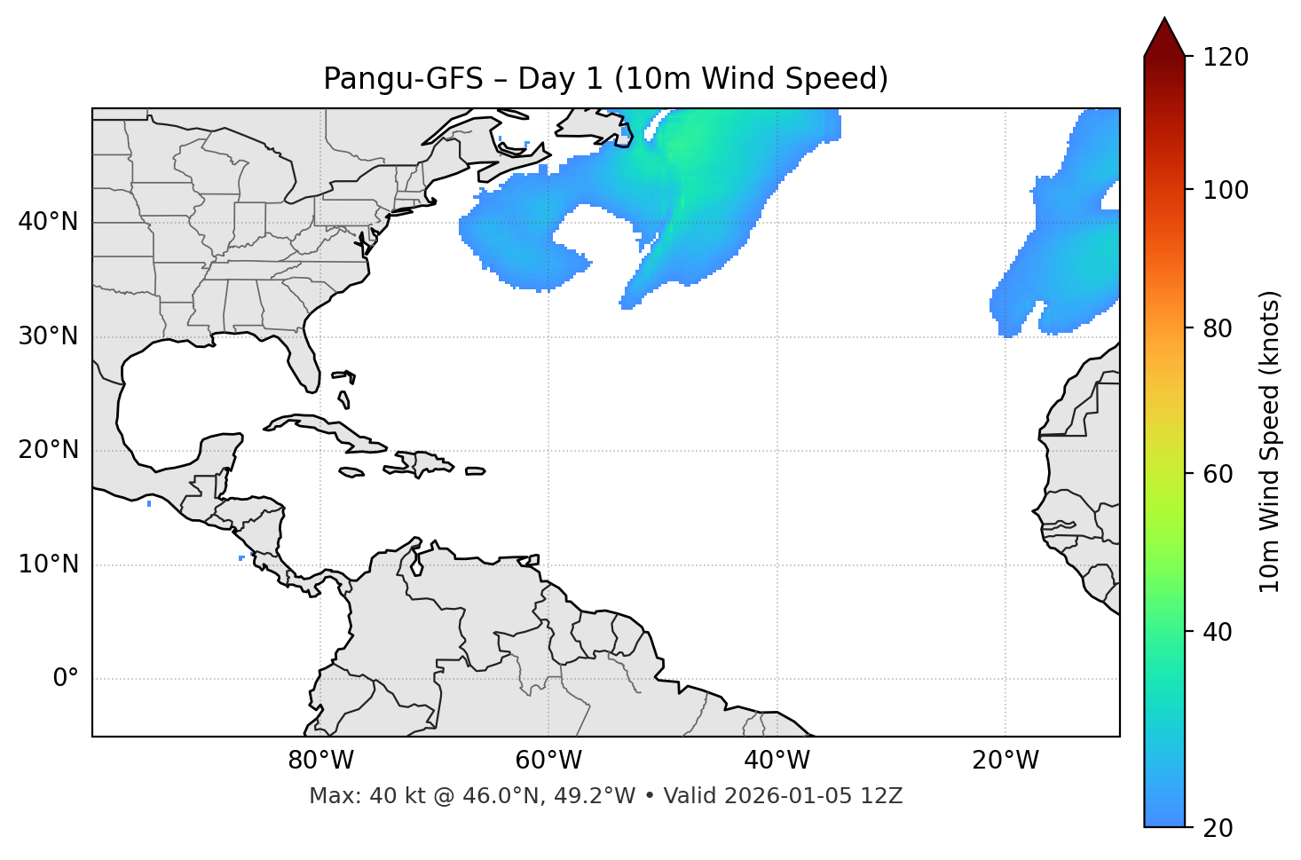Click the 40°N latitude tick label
pos(48,222)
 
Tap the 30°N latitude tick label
pos(48,336)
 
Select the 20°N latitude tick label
pos(48,450)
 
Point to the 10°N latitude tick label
pos(48,564)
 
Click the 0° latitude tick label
pos(66,679)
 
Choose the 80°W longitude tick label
pos(320,761)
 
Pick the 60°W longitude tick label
pos(548,761)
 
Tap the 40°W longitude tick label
pos(777,761)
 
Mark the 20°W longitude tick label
pos(1005,761)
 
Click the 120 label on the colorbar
pos(1226,58)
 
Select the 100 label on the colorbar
pos(1226,190)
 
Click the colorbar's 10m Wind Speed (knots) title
pos(1270,441)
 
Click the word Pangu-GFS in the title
pos(403,79)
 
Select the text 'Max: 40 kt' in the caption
pos(349,796)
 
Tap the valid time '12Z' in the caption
pos(884,796)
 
